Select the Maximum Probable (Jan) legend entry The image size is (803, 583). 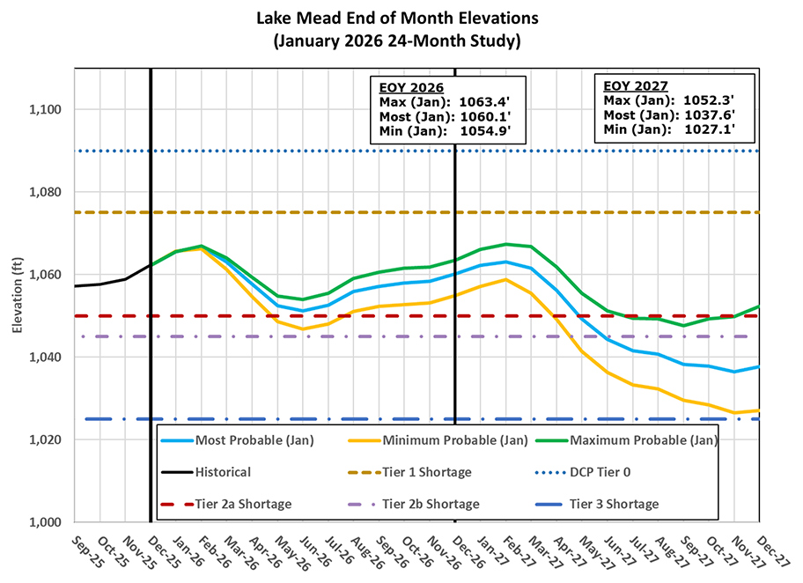[644, 439]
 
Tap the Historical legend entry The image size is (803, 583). [223, 472]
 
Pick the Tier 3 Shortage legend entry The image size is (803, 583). [614, 504]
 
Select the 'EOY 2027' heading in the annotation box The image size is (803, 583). [636, 85]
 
